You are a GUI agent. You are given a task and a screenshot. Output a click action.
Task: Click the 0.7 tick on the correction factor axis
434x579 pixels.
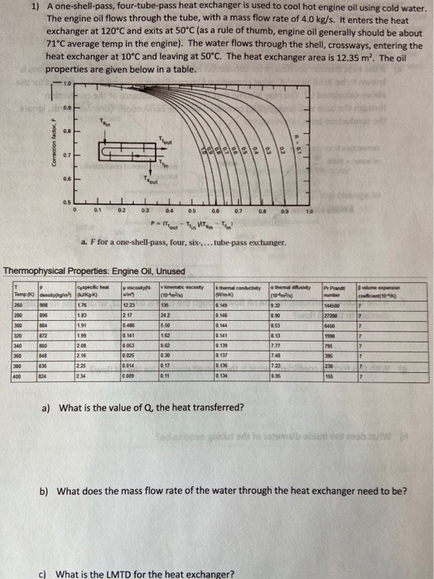click(67, 155)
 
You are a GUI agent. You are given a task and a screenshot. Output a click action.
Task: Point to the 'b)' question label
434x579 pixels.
click(46, 490)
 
